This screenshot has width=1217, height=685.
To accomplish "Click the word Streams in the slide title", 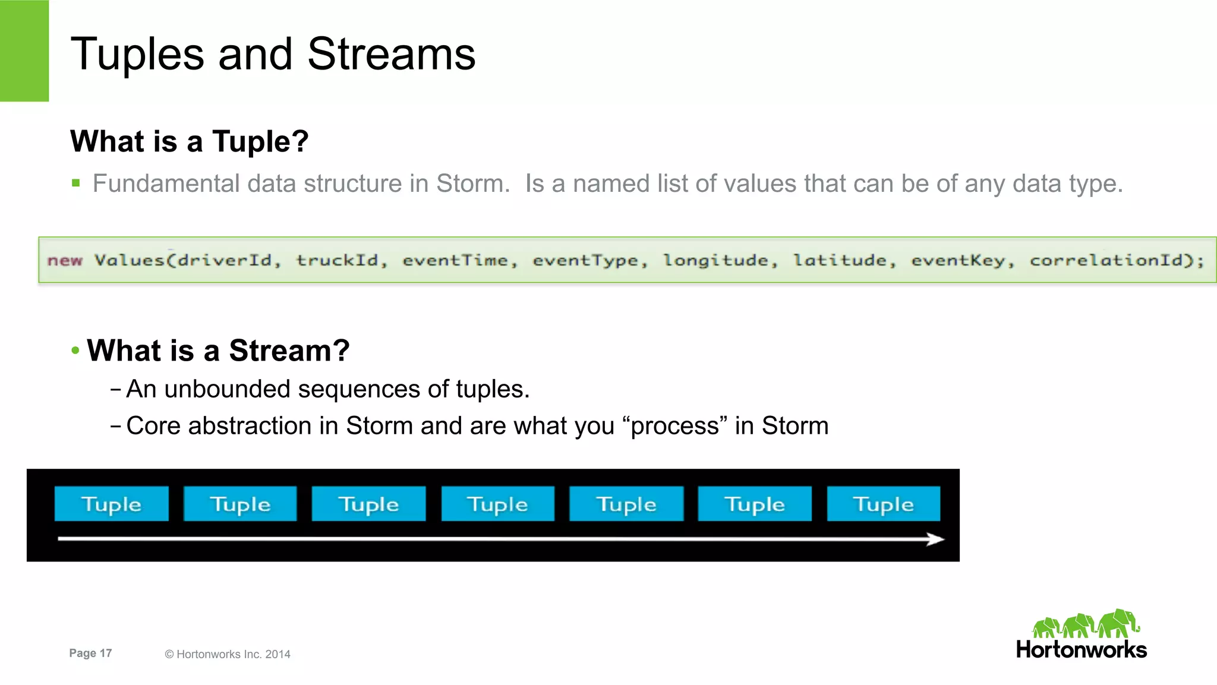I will tap(391, 54).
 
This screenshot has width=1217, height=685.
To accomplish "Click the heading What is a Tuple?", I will tap(189, 141).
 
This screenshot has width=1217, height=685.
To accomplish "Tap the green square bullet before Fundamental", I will tap(75, 183).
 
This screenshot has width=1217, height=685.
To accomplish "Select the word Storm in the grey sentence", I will tap(472, 184).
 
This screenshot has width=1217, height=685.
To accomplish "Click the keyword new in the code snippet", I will tap(65, 260).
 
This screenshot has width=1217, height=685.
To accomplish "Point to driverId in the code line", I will tap(224, 260).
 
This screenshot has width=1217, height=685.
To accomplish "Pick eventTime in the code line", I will tap(455, 260).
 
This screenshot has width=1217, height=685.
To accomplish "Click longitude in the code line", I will tap(715, 260).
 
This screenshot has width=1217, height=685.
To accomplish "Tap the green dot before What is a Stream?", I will tap(75, 350).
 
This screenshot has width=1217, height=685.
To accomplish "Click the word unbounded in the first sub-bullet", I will tap(227, 389).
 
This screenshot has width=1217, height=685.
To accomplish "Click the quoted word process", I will tap(675, 426).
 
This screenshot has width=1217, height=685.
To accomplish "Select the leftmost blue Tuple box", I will tap(111, 504).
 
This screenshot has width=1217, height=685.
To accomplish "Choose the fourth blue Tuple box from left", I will tap(497, 504).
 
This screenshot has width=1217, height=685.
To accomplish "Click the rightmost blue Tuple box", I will tap(883, 504).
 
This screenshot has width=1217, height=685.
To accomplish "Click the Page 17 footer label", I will tap(90, 653).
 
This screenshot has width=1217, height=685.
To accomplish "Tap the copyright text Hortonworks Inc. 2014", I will tap(233, 654).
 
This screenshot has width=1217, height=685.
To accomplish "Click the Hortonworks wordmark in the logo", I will tap(1081, 649).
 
